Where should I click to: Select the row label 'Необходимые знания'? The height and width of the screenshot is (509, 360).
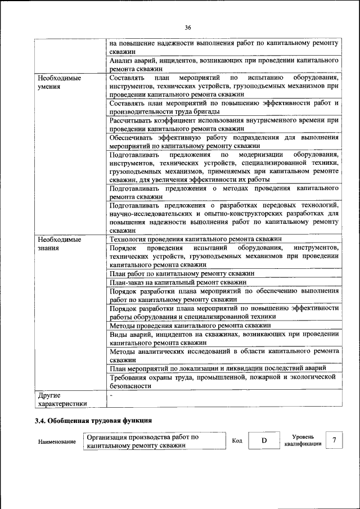coord(56,244)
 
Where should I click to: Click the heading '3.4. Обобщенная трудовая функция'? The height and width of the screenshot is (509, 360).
coord(93,420)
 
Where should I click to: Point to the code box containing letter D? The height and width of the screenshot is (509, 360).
coord(263,440)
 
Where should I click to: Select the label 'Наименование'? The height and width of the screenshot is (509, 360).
coord(57,442)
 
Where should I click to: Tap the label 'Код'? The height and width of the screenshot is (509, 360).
coord(237,440)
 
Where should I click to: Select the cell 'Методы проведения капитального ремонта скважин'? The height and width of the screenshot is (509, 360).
coord(191,326)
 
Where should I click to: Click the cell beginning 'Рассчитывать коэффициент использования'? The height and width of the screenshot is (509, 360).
coord(224,124)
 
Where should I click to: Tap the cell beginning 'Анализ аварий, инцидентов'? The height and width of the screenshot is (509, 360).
coord(224,63)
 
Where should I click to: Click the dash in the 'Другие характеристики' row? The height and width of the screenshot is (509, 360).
coord(111,396)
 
